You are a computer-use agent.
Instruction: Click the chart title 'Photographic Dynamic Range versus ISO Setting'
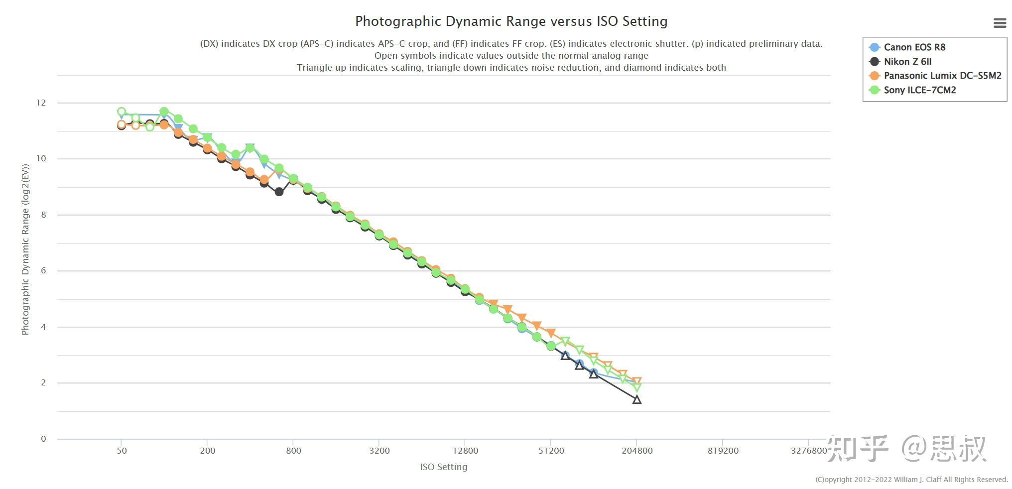click(x=511, y=21)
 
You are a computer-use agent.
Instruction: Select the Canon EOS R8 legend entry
click(x=914, y=47)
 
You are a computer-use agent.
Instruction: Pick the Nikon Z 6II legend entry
click(x=907, y=62)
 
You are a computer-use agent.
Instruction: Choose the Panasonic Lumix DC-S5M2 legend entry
click(x=942, y=76)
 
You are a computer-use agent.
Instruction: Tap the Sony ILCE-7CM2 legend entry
click(x=919, y=90)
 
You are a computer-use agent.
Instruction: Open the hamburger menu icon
click(x=1000, y=23)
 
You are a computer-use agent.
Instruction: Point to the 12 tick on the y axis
click(x=41, y=103)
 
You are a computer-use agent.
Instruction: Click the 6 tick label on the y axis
click(x=43, y=271)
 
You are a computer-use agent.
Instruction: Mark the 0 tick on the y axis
click(x=43, y=439)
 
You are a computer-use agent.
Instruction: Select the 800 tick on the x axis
click(x=293, y=451)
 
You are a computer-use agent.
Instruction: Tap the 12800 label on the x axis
click(x=465, y=451)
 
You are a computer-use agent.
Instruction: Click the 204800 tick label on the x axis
click(x=637, y=451)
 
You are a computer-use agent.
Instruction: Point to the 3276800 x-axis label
click(x=809, y=451)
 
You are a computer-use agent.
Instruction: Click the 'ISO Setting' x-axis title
click(x=444, y=467)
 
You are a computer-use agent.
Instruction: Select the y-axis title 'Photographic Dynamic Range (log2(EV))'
click(x=25, y=249)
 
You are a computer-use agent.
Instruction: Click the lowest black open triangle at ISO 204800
click(x=636, y=399)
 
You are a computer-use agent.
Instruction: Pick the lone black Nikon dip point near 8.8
click(x=279, y=192)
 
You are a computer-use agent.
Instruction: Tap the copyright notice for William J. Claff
click(x=911, y=480)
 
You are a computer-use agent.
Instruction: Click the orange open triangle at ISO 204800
click(x=636, y=381)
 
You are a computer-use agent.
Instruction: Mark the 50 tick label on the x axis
click(x=122, y=451)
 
